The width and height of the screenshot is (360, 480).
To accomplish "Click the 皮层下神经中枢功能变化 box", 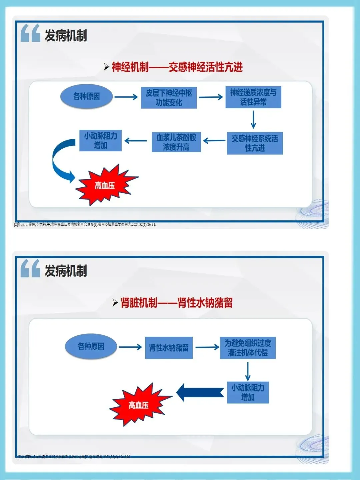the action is point(169,98).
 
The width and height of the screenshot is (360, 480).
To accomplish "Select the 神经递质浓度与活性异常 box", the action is point(253,97).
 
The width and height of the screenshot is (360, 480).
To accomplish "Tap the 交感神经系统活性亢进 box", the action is point(255,143).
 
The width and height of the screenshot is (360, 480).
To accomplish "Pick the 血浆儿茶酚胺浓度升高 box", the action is point(176,142).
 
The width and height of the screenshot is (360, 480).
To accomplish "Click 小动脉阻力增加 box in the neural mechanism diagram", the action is point(100,141).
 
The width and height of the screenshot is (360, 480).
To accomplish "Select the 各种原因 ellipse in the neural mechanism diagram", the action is point(86,96).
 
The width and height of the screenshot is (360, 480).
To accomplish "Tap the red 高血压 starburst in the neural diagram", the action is point(105,185).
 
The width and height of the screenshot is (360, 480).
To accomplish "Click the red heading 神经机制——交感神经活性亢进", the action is point(177,67).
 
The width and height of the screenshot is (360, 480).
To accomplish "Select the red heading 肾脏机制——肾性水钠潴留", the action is point(177,303).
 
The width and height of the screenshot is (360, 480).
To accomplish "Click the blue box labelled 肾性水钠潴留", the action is point(169,348).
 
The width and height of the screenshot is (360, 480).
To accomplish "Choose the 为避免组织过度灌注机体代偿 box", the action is point(248,348).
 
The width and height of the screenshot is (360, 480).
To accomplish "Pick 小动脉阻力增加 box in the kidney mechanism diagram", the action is point(248,392).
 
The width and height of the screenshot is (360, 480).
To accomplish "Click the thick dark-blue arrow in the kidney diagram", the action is point(200,392).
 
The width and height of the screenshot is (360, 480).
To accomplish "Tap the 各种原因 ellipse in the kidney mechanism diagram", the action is point(91,347).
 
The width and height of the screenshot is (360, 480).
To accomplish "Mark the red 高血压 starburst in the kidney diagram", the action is point(138,405).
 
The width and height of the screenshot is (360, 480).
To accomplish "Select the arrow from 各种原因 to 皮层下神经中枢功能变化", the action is point(126,97).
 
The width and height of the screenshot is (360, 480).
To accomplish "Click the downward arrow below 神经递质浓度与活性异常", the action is point(253,119).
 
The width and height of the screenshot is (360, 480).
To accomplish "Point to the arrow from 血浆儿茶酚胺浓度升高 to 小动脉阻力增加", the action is point(136,141).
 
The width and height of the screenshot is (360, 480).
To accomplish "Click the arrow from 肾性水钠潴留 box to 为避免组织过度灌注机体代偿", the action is point(207,347).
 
